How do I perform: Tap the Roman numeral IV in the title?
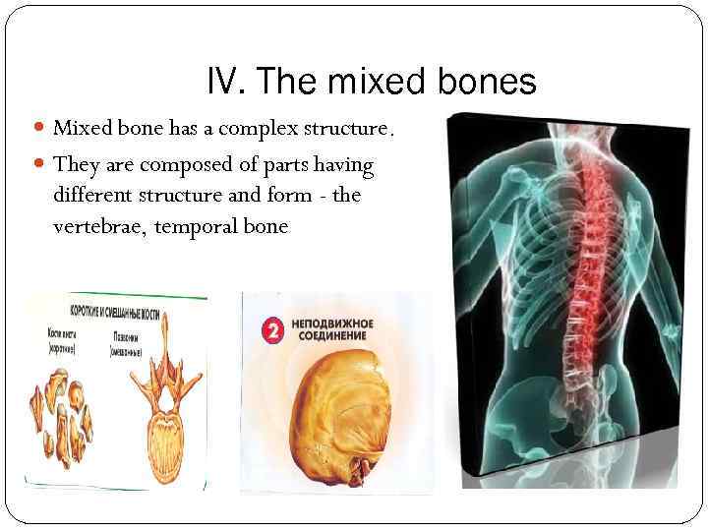point(225,81)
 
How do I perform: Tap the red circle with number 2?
point(271,330)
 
